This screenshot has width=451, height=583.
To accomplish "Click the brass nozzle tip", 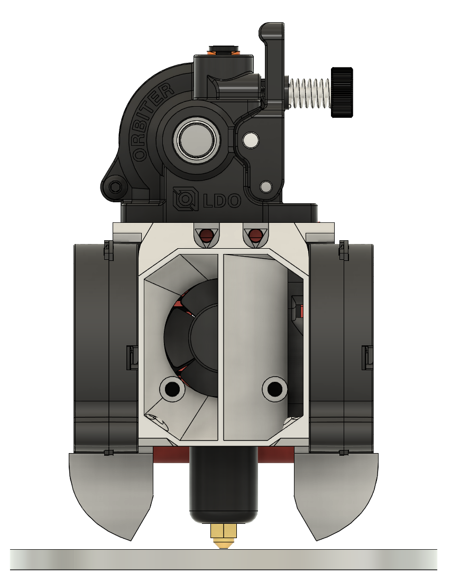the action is (223, 536).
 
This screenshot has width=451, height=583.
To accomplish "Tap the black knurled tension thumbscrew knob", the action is (342, 92).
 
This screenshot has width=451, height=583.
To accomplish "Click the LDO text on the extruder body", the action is (222, 201).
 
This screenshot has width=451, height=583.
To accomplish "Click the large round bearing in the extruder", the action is (197, 140).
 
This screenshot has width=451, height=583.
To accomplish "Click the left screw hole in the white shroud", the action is (172, 389).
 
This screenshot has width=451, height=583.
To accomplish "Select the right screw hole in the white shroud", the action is (274, 389).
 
